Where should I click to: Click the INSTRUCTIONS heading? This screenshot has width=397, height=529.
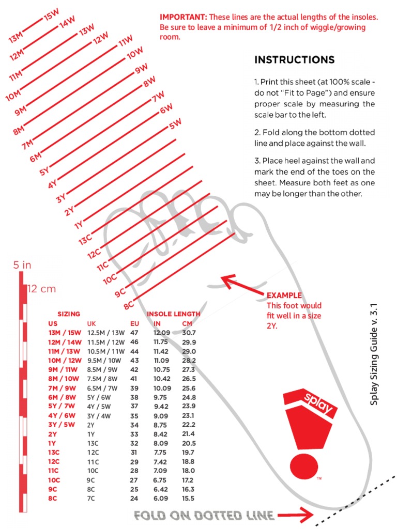pos(294,60)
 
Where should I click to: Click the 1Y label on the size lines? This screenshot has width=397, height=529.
pos(79,224)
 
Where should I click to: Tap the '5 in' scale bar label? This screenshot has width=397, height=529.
pos(22,265)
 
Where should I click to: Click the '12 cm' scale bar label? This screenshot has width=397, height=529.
pos(41,289)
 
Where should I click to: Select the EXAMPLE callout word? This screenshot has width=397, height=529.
pos(284,295)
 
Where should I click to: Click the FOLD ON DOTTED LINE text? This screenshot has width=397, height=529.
pos(203,515)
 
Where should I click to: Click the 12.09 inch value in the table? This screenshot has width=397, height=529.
pos(161,333)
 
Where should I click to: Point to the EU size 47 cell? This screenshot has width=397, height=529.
pos(134,333)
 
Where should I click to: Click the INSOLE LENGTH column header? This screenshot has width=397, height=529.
pos(174,314)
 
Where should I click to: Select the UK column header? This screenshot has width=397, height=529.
pos(91,323)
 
